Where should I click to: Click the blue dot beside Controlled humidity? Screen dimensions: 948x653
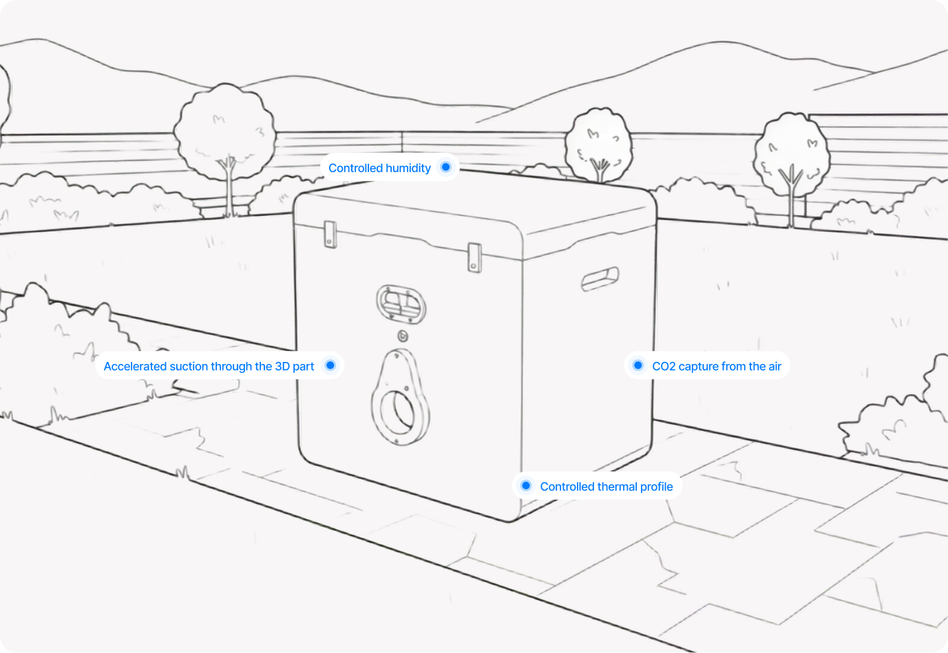point(445,167)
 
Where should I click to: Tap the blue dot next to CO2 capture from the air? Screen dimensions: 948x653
point(638,365)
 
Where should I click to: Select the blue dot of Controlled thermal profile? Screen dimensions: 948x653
point(526,486)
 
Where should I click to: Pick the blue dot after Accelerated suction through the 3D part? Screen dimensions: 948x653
point(330,365)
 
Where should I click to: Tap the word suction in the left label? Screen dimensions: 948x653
point(188,366)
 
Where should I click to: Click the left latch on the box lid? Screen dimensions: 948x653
point(330,234)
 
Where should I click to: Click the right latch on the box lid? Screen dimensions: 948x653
point(474,257)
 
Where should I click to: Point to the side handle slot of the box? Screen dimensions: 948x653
point(600,279)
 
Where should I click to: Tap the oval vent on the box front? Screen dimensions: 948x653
point(401,304)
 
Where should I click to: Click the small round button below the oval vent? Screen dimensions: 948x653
point(403,336)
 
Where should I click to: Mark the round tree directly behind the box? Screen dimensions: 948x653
point(599,144)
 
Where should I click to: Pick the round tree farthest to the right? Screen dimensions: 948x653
point(792,156)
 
